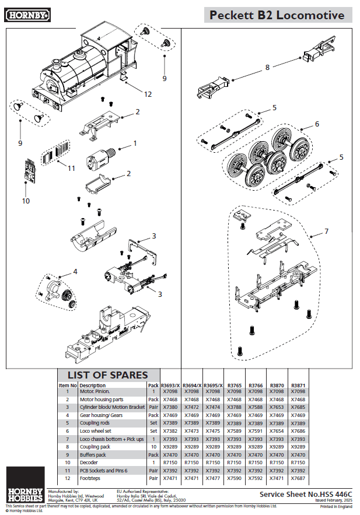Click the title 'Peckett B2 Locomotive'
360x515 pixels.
pyautogui.click(x=277, y=15)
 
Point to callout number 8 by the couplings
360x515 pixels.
pyautogui.click(x=267, y=67)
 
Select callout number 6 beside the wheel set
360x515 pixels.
pyautogui.click(x=317, y=124)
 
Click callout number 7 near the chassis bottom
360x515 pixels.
pyautogui.click(x=326, y=232)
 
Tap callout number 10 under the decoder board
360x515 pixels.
pyautogui.click(x=26, y=201)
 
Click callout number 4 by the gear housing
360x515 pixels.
pyautogui.click(x=75, y=272)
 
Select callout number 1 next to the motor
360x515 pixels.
pyautogui.click(x=135, y=142)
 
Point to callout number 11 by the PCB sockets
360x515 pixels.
pyautogui.click(x=71, y=169)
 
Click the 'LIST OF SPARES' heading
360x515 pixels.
pyautogui.click(x=108, y=375)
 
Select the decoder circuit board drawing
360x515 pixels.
pyautogui.click(x=31, y=170)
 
